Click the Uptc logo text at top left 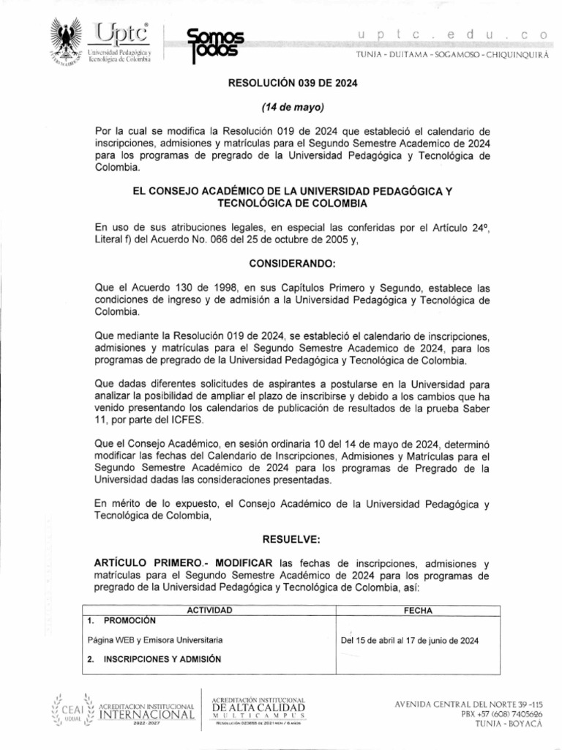120,34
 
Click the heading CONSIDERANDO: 291,261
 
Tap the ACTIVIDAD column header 210,610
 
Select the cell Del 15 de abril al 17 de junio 410,640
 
